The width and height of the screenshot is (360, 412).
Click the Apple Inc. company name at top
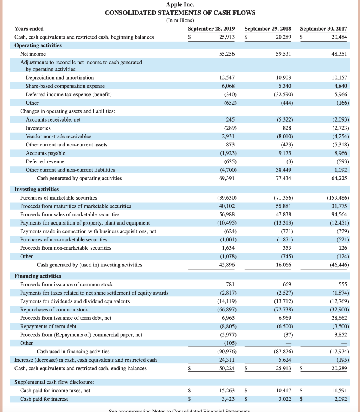(180, 5)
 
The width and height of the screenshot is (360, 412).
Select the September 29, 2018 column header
(268, 29)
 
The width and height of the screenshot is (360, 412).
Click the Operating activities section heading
(38, 45)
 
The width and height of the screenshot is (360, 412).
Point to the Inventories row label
(38, 128)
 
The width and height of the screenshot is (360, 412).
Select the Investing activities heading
(37, 189)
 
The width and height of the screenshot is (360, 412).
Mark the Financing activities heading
(38, 276)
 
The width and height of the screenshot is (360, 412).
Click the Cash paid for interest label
(44, 399)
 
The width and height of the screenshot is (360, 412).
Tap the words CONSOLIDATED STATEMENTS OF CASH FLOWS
(180, 12)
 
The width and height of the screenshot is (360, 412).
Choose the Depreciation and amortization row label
(60, 77)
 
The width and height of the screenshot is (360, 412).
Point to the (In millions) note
(180, 20)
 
